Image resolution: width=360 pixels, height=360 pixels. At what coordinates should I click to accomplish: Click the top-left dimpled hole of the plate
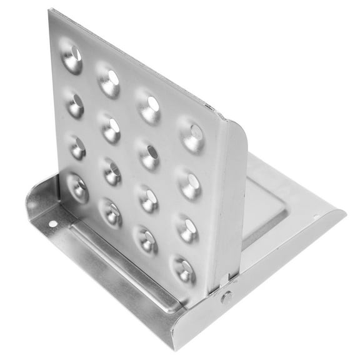72,57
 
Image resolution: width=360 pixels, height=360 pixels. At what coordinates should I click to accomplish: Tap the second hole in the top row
110,81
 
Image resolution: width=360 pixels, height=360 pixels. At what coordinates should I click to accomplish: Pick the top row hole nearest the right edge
193,134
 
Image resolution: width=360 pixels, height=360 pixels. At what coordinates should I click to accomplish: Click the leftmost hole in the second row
75,104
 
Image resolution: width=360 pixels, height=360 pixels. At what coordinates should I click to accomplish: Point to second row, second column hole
111,127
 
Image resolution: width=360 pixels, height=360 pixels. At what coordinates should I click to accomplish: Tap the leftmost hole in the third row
77,147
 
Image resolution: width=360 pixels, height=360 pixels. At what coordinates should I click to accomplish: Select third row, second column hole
112,171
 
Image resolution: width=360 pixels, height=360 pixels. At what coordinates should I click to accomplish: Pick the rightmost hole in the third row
187,229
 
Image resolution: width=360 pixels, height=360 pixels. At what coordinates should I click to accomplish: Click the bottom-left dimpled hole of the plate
78,187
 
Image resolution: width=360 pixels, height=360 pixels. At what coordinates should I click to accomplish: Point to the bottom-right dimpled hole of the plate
184,269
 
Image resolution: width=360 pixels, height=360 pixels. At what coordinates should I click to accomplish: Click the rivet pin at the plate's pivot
226,297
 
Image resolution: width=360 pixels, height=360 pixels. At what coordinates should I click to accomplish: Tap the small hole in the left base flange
52,223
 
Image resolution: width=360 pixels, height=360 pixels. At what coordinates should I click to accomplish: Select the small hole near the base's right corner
316,217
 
